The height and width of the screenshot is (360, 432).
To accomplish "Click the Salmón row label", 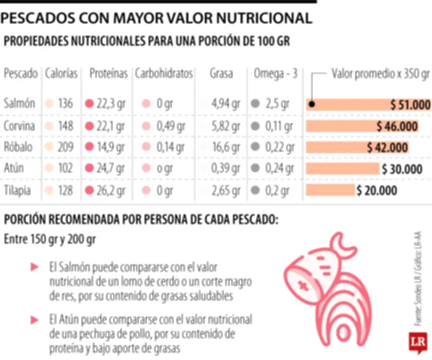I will pyautogui.click(x=19, y=104).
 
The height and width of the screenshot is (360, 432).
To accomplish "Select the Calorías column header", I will pyautogui.click(x=62, y=74).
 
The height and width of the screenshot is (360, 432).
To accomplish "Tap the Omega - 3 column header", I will pyautogui.click(x=275, y=74).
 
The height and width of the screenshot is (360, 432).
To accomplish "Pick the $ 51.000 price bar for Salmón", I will pyautogui.click(x=367, y=104).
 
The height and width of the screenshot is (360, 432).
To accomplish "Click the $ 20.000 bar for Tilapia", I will pyautogui.click(x=330, y=190).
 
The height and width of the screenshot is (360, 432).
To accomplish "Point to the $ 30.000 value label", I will pyautogui.click(x=401, y=169).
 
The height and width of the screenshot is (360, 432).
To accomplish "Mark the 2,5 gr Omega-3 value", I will pyautogui.click(x=277, y=104).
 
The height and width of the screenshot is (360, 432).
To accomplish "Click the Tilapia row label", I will pyautogui.click(x=17, y=190).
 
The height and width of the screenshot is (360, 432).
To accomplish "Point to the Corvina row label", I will pyautogui.click(x=19, y=126).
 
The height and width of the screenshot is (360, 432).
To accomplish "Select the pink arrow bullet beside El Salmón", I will pyautogui.click(x=35, y=267).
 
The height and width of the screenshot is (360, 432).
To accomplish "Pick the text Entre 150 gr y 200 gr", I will pyautogui.click(x=49, y=239).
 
